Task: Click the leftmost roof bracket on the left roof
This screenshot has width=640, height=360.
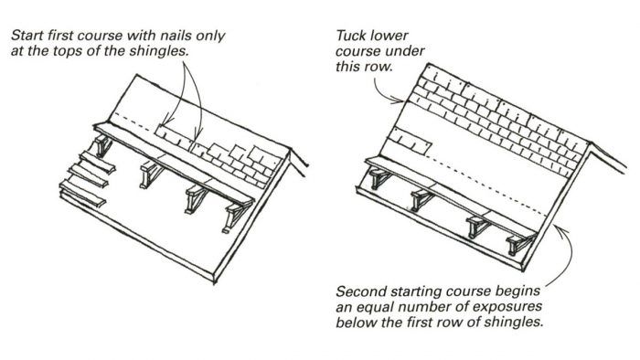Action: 102,145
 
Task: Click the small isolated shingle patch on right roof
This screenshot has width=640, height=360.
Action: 410,140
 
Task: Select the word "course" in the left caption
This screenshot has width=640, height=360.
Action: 101,36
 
